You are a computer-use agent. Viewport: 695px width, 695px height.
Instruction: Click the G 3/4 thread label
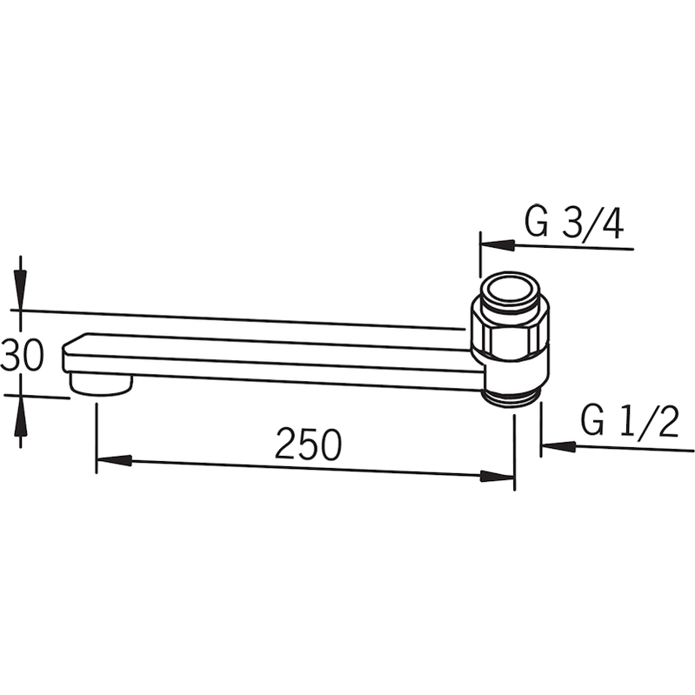pos(574,224)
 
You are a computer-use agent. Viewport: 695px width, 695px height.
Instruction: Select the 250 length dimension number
pos(308,445)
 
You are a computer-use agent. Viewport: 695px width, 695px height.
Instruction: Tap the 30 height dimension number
pos(22,357)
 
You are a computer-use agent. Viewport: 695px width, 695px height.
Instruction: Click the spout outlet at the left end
pos(100,384)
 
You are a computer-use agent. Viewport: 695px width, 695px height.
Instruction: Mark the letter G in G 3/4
pos(537,224)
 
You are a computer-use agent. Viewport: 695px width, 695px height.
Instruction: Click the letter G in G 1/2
pos(594,424)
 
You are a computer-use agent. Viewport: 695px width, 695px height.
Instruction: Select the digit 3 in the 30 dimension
pos(10,357)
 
